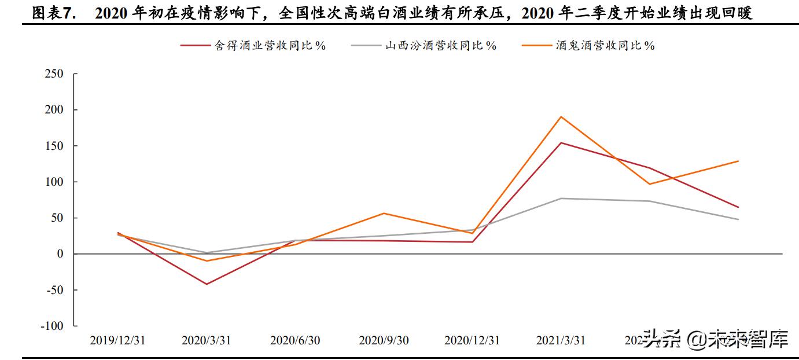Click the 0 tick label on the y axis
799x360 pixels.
coord(60,254)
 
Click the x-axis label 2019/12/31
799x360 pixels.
coord(117,340)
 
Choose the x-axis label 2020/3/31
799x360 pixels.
coord(206,340)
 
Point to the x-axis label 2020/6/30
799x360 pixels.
coord(294,340)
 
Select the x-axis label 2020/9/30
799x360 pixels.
coord(384,340)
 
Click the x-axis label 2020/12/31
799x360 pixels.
coord(472,340)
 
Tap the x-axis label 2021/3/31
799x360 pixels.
coord(561,340)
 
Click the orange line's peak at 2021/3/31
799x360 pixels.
coord(561,117)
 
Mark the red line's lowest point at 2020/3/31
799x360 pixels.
coord(206,284)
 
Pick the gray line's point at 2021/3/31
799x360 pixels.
coord(561,199)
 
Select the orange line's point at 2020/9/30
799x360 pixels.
coord(384,213)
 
